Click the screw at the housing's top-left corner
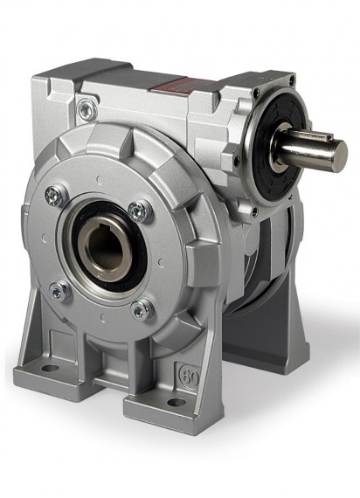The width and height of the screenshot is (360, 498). click(87, 108)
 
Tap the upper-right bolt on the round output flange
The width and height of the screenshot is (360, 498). click(136, 209)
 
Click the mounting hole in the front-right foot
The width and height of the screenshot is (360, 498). click(176, 403)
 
